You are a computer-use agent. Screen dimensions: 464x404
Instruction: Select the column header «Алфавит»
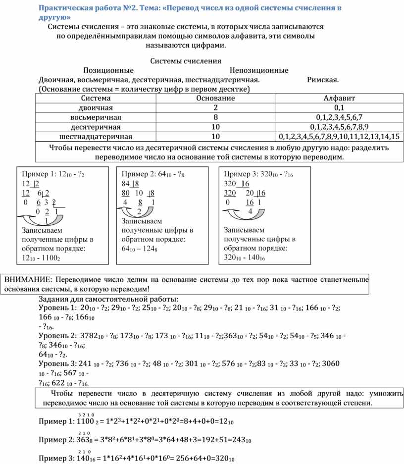click(339, 99)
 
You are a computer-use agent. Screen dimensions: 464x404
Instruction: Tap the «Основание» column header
click(215, 99)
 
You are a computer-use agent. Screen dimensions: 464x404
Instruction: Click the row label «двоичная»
click(96, 108)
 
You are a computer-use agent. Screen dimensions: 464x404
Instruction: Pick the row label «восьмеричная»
click(96, 117)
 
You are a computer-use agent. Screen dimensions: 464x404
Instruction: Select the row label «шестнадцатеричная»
click(96, 136)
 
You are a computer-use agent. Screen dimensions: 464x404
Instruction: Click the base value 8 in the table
click(215, 117)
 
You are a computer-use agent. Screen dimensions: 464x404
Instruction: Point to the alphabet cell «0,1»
click(339, 108)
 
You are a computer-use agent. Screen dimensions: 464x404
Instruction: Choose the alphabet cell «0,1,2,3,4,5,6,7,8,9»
click(339, 127)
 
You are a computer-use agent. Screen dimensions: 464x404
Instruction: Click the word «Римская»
click(323, 80)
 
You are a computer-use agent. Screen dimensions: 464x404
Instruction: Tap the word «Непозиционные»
click(259, 70)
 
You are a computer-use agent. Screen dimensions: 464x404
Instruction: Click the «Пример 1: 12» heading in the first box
click(48, 175)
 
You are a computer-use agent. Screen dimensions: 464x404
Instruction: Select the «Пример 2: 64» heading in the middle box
click(149, 175)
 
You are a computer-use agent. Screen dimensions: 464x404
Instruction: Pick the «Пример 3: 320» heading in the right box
click(253, 175)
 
